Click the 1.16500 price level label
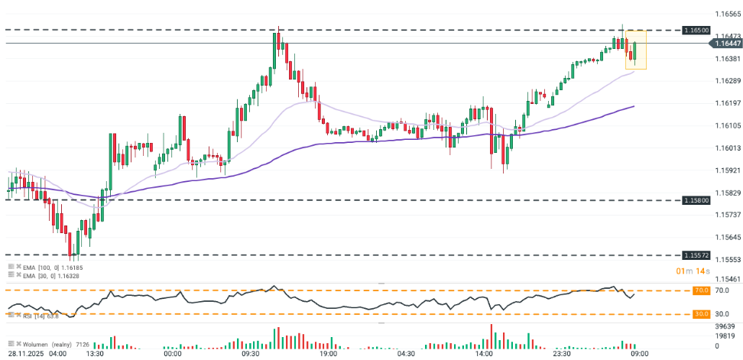[x=722, y=30]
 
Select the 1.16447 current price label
[x=722, y=44]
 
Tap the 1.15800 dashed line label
[x=722, y=200]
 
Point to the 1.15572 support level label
[x=722, y=255]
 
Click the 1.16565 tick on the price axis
[x=726, y=14]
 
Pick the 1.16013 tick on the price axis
[x=726, y=148]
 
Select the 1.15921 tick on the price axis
[x=726, y=170]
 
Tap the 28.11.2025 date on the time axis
[x=26, y=354]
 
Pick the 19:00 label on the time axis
[x=329, y=354]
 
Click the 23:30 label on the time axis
[x=562, y=354]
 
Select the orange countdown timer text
[x=693, y=271]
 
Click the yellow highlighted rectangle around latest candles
[x=637, y=50]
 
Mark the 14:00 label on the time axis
[x=483, y=354]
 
